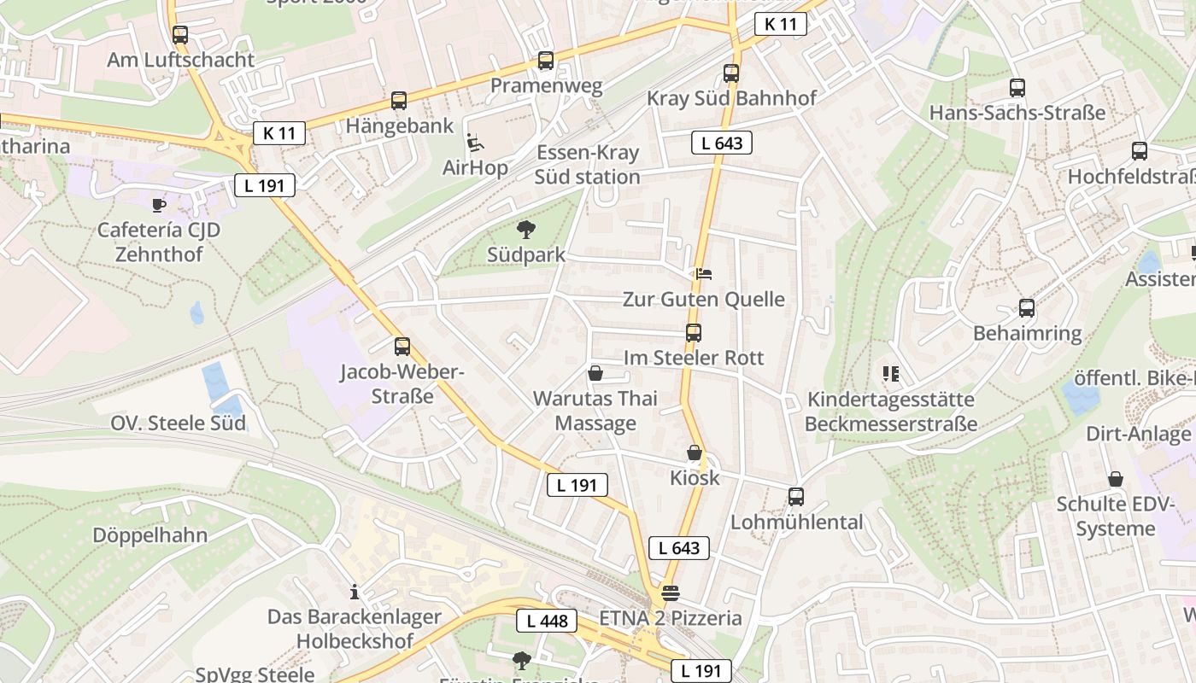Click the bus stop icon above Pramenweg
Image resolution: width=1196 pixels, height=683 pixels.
pos(546,61)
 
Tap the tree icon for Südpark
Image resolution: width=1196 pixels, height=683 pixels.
pos(526,229)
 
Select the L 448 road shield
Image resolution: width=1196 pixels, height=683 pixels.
pos(547,621)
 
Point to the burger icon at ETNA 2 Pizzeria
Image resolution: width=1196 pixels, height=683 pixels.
pos(670,593)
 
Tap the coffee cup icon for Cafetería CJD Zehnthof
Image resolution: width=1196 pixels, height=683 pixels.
pos(159,204)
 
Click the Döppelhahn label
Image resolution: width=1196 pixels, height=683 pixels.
pos(150,535)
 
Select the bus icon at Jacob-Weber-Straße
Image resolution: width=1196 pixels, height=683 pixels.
pos(402,347)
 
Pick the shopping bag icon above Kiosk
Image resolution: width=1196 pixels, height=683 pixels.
pos(695,452)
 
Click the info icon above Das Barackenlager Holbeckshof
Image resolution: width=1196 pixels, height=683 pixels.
pos(355,591)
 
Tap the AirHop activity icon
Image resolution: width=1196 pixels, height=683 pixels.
pos(475,142)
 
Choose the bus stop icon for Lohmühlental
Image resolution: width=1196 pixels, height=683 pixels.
pos(796,496)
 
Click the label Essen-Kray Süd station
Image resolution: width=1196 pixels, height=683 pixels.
pos(587,165)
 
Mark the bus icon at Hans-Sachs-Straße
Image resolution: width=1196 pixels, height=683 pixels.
pos(1017,87)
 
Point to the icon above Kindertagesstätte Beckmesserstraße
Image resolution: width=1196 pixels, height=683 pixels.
pos(891,373)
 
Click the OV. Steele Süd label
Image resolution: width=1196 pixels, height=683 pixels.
pos(178,423)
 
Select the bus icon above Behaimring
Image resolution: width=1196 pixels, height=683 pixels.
pos(1027,307)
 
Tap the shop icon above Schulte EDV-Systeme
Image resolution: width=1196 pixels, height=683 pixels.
pos(1116,479)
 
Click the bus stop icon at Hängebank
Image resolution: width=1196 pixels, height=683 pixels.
pos(399,101)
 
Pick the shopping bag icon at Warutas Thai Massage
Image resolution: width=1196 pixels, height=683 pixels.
pos(595,373)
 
